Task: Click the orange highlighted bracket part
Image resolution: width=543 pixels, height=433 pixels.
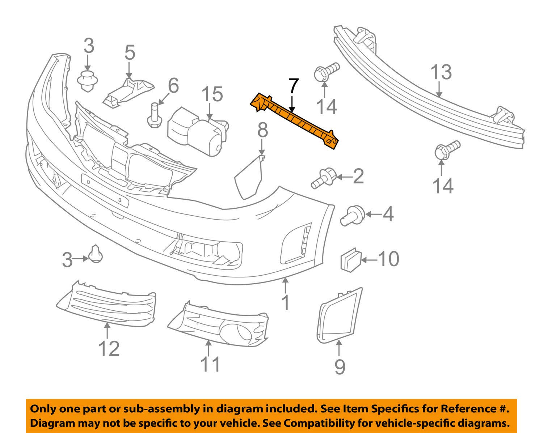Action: [295, 120]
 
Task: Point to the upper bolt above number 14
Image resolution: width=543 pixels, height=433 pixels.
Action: [326, 72]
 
